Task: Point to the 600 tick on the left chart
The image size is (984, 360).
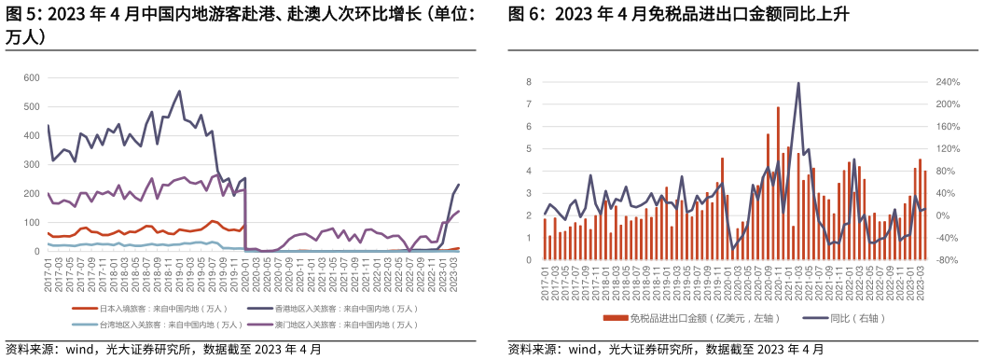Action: tap(33, 77)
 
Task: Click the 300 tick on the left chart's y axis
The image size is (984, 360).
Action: tap(33, 165)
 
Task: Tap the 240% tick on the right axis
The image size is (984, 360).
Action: tap(948, 82)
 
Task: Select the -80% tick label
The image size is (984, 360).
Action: tap(948, 260)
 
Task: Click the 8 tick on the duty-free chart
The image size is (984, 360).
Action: tap(529, 82)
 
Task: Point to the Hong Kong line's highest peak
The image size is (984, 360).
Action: tap(179, 91)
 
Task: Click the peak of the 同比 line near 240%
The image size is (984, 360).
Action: tap(798, 83)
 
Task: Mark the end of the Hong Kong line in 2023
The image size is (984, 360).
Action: tap(459, 185)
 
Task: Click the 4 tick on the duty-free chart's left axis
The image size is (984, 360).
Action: tap(529, 171)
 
